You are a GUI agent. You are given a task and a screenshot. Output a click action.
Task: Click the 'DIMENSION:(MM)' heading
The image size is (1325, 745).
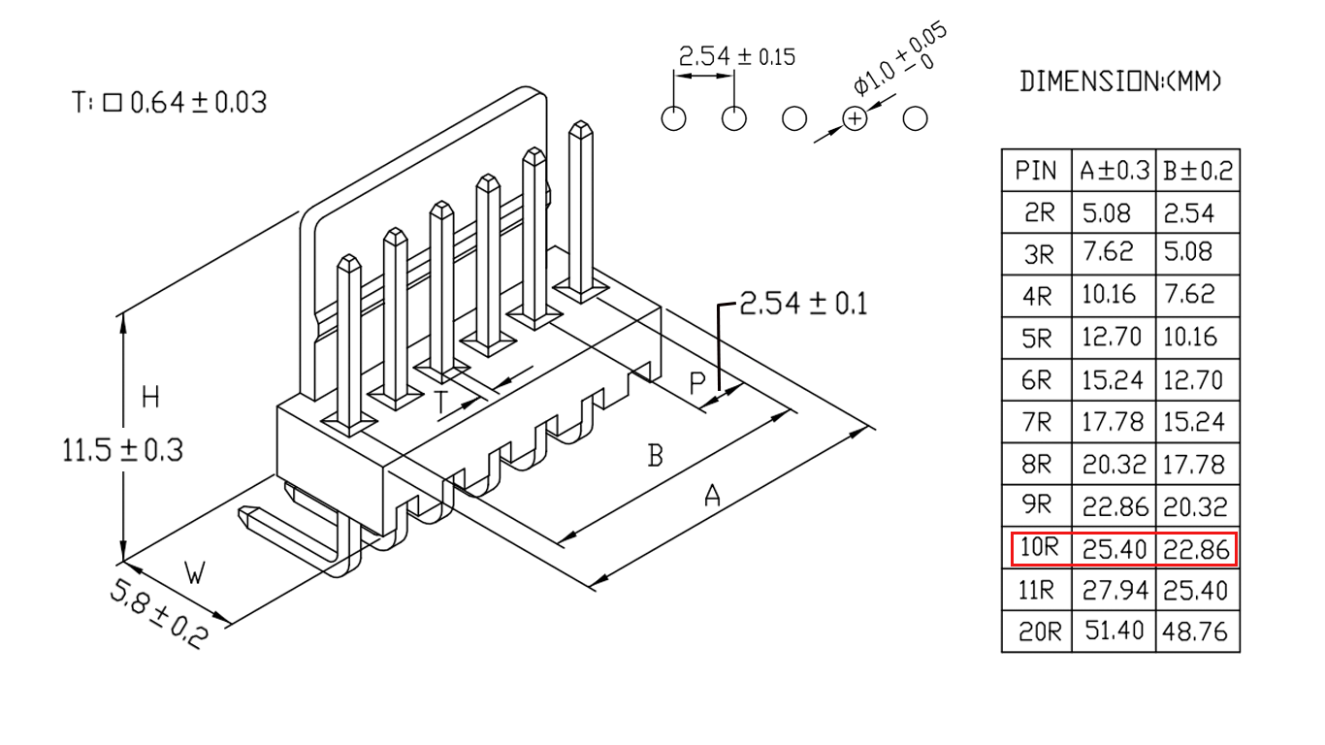[x=1121, y=81]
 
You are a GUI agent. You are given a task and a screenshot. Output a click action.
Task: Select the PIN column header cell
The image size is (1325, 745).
[x=1036, y=171]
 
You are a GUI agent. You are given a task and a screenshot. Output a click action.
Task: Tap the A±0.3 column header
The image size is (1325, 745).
[x=1114, y=171]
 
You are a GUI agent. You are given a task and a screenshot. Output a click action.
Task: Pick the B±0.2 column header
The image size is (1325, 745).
[x=1198, y=171]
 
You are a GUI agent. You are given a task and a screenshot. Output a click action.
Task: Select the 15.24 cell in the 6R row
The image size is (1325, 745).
[x=1112, y=380]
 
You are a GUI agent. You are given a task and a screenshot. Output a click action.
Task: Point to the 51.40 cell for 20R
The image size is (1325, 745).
[x=1114, y=631]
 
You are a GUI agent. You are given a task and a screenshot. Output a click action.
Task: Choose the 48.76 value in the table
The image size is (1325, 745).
[x=1195, y=632]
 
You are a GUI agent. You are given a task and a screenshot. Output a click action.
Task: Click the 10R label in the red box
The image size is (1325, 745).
[x=1039, y=547]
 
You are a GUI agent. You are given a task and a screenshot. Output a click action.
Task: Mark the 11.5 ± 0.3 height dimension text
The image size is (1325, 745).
[x=123, y=450]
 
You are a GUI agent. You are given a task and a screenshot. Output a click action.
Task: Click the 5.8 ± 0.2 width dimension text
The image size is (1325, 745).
[x=158, y=614]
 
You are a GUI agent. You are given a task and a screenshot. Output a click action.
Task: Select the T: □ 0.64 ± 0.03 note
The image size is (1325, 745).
[x=169, y=103]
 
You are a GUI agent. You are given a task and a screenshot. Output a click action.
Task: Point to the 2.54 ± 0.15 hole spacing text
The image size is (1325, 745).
[x=737, y=57]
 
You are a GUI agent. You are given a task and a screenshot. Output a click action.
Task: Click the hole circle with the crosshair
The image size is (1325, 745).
[x=855, y=119]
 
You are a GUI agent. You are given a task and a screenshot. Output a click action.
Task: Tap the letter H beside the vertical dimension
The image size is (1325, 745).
[x=151, y=397]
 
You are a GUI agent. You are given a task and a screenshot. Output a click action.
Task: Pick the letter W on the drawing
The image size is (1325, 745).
[x=195, y=572]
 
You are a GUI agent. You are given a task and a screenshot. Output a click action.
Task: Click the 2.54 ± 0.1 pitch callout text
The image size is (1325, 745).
[x=803, y=304]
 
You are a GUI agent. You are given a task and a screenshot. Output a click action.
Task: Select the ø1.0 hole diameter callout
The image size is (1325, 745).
[x=899, y=58]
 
